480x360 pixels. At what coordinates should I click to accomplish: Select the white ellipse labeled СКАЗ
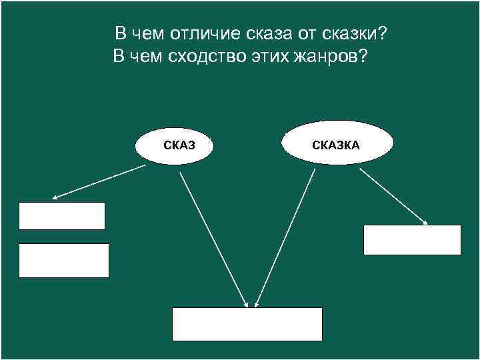pos(174,143)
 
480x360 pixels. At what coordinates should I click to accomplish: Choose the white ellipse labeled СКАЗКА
pos(337,143)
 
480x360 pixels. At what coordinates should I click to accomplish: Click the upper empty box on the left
pos(62,216)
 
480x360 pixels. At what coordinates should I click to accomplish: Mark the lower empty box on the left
pos(63,260)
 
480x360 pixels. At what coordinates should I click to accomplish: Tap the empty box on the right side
pos(412,240)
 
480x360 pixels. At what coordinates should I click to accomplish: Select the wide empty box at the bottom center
pos(247,324)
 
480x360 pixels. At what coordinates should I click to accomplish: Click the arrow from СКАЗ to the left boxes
pos(100,181)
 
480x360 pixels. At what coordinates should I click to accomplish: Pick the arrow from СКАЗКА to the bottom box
pos(285,237)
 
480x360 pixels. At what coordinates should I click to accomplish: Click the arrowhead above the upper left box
pos(55,197)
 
